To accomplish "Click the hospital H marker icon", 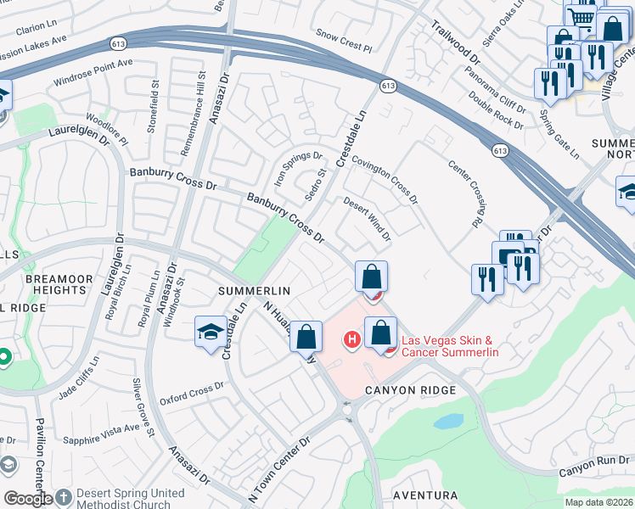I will [350, 340].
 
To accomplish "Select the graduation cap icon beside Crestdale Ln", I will [211, 332].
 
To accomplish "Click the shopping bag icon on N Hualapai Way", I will [306, 336].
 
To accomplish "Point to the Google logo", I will [27, 499].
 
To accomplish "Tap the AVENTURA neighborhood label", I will [425, 495].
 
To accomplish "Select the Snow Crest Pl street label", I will [344, 39].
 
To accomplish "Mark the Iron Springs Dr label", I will [298, 166].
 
